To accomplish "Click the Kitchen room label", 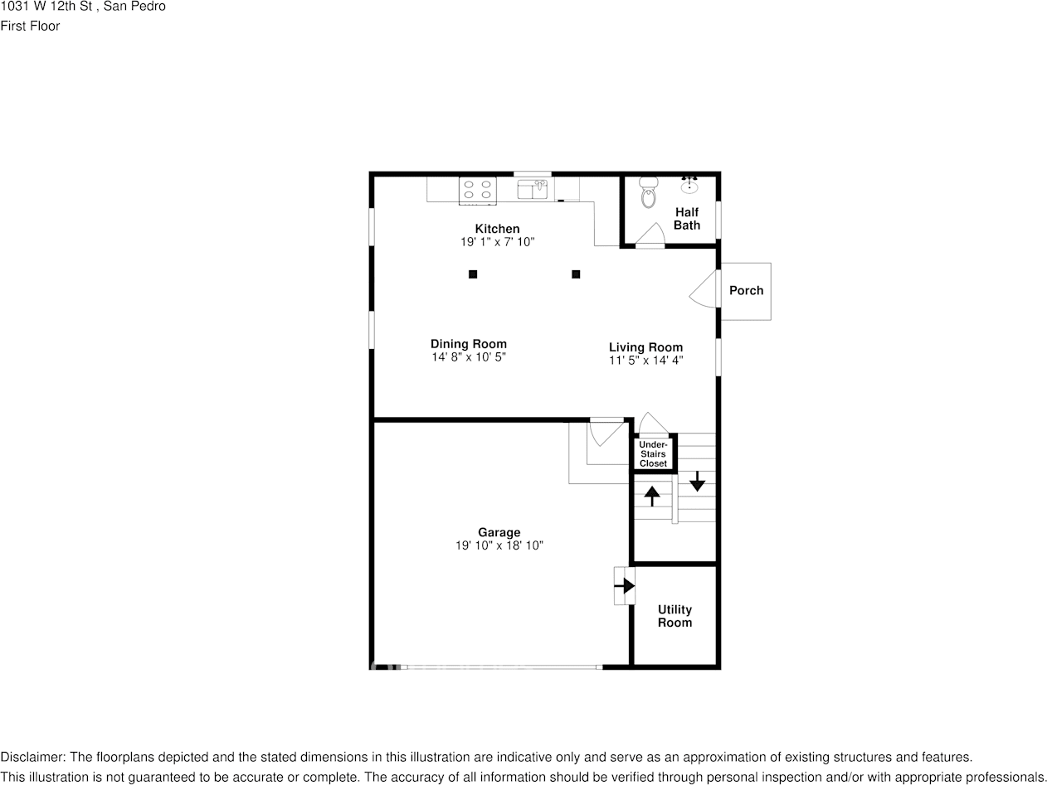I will [x=497, y=229].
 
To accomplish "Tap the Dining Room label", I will [x=468, y=344].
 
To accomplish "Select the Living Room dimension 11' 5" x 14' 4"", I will [x=645, y=361].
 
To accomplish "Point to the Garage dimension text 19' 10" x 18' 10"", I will [x=499, y=545].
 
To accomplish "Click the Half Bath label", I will [x=687, y=219].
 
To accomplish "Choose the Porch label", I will [x=746, y=291].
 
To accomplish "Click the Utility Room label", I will [x=674, y=616].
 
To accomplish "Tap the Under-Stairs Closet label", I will [x=653, y=454].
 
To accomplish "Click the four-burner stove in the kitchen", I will [x=477, y=190].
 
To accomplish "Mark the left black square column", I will [x=473, y=274].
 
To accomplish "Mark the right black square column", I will [x=576, y=274].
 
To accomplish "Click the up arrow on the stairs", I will [x=652, y=496].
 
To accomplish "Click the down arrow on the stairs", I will [x=697, y=480].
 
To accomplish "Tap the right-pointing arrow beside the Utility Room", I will [x=624, y=585].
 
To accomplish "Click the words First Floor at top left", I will [x=30, y=26].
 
